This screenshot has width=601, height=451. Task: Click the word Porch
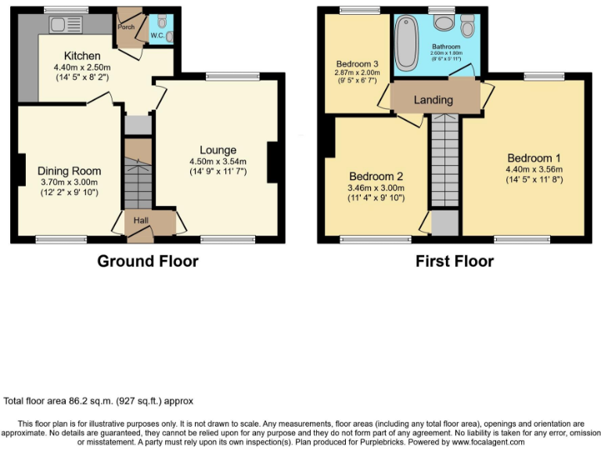pyautogui.click(x=126, y=26)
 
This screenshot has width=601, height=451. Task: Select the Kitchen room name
pyautogui.click(x=82, y=56)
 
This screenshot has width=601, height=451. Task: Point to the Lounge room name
pyautogui.click(x=218, y=150)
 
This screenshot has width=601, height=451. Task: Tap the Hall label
pyautogui.click(x=141, y=221)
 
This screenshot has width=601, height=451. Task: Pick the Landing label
pyautogui.click(x=433, y=100)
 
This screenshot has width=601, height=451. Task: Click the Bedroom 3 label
pyautogui.click(x=357, y=63)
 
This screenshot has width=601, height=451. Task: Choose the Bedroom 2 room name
pyautogui.click(x=376, y=175)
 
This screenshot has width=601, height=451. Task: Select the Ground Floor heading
pyautogui.click(x=147, y=261)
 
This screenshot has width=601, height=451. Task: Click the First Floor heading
pyautogui.click(x=455, y=261)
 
